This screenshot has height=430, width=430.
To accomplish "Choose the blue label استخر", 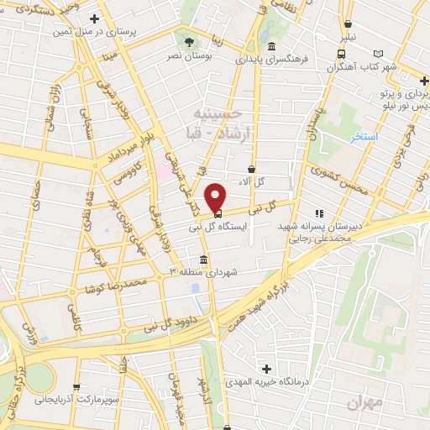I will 364,135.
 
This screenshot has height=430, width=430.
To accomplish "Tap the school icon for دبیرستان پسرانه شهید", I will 317,214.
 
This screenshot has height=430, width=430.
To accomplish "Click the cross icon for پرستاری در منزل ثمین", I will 94,18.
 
